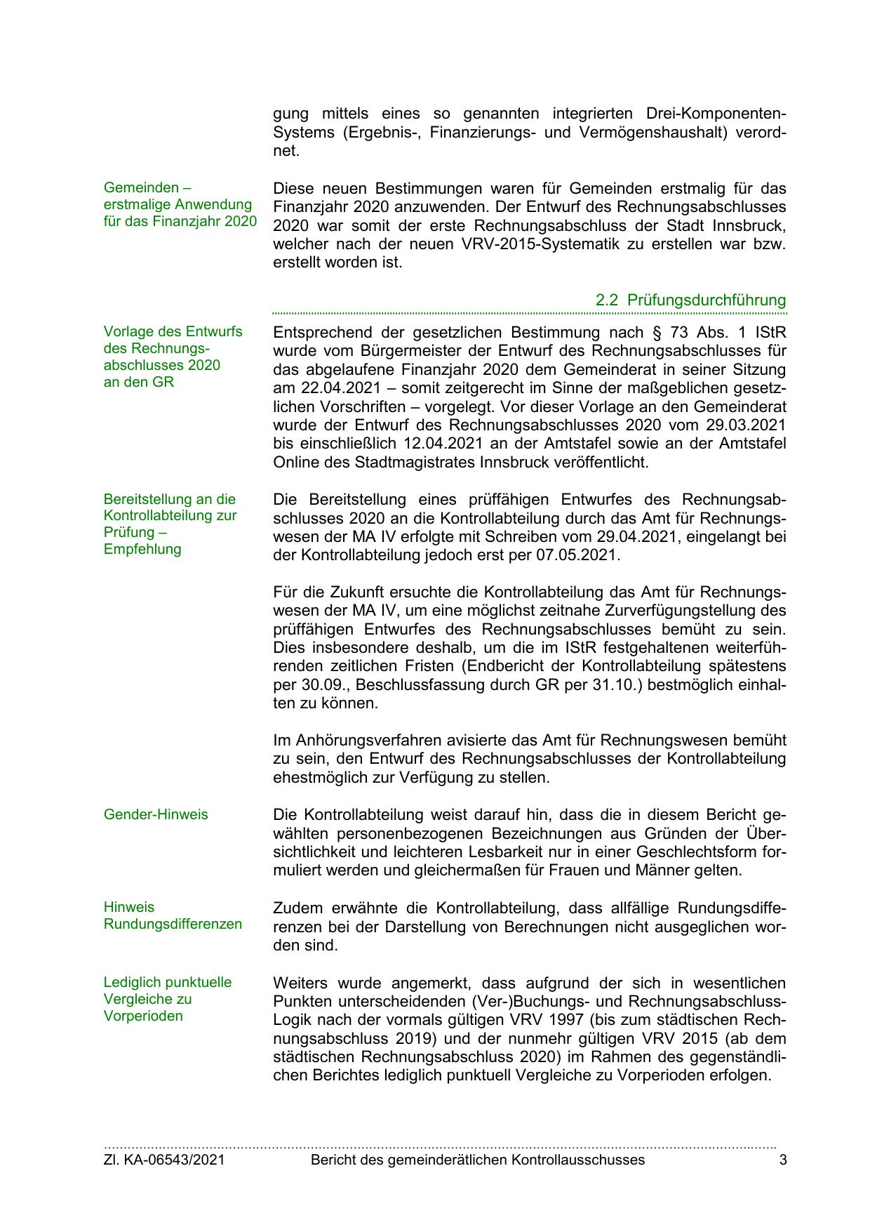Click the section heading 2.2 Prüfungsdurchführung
coord(690,300)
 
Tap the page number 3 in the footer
coord(782,1160)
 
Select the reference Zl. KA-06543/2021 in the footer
coord(164,1160)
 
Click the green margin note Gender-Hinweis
coord(156,814)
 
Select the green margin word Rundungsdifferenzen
coord(173,924)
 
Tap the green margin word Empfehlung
coord(142,549)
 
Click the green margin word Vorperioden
coord(143,1016)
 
